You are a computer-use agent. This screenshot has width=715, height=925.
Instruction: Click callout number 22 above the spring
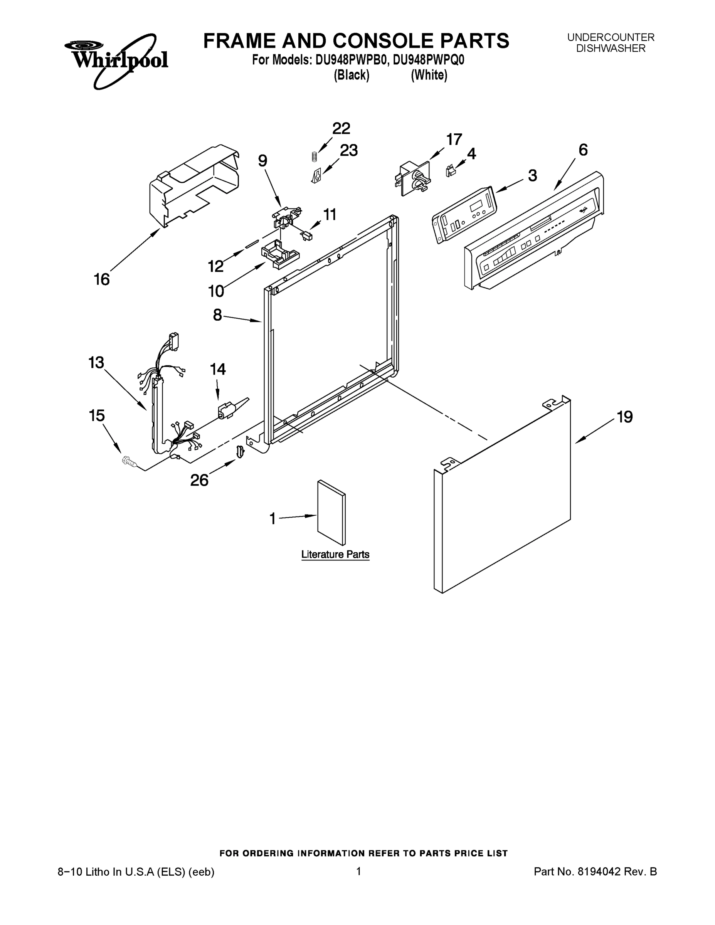click(x=341, y=128)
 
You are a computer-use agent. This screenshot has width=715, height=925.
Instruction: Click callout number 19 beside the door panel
click(x=625, y=417)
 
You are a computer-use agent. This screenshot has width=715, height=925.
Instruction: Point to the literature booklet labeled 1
click(x=331, y=513)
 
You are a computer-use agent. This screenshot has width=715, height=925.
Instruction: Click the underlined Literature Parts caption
click(x=335, y=554)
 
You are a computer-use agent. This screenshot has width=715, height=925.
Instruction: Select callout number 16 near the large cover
click(x=102, y=279)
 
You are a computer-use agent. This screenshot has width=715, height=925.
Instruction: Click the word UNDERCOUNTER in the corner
click(x=611, y=37)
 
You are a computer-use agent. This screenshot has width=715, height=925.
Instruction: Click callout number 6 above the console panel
click(x=583, y=150)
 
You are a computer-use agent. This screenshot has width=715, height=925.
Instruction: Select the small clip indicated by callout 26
click(x=240, y=451)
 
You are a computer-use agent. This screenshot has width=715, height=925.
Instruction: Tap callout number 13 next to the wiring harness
click(x=96, y=363)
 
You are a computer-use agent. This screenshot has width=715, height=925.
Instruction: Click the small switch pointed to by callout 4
click(x=450, y=171)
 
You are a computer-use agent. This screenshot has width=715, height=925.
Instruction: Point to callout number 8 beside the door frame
click(x=217, y=315)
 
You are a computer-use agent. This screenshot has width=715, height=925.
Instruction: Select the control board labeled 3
click(x=464, y=215)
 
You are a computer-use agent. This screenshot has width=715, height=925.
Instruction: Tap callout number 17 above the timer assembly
click(x=454, y=140)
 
